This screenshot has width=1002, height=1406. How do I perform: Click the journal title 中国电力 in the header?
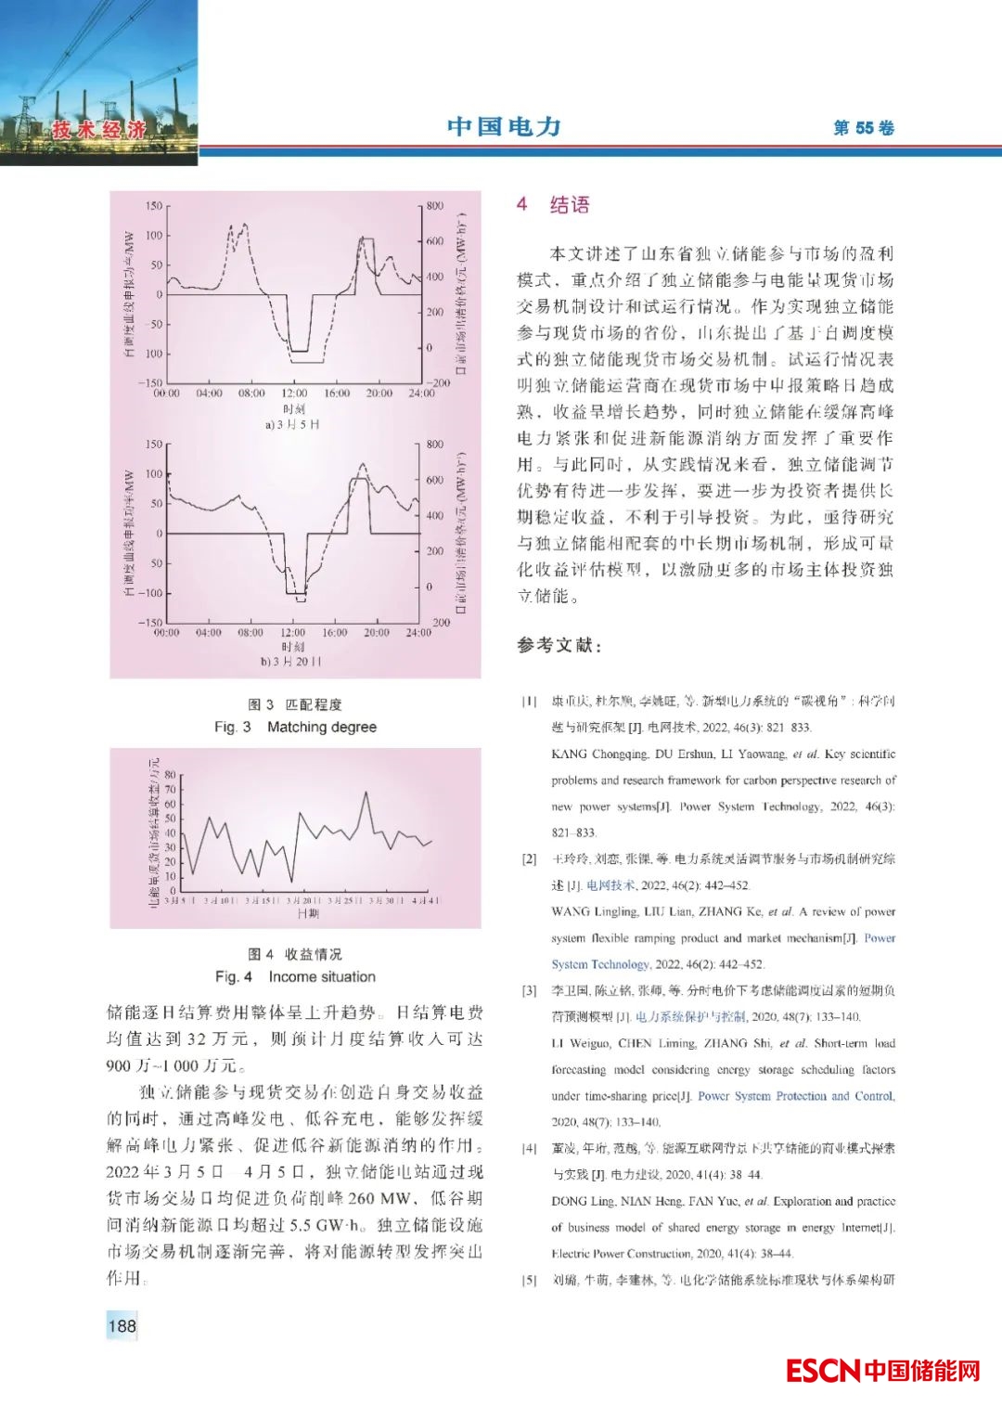[x=504, y=126]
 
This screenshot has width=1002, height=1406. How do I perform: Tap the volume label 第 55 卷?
[x=863, y=128]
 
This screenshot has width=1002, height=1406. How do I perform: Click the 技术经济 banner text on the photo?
[x=99, y=130]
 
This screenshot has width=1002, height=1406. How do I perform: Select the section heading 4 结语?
[x=553, y=205]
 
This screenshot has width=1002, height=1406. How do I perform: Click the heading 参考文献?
[x=559, y=645]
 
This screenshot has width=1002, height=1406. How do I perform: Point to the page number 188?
[x=122, y=1325]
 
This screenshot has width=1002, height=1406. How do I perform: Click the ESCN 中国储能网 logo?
[x=882, y=1370]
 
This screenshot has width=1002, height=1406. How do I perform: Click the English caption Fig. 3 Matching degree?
[x=295, y=727]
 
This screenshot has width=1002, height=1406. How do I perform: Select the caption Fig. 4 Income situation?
[x=295, y=976]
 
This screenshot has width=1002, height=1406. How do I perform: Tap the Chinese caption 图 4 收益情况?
[x=295, y=954]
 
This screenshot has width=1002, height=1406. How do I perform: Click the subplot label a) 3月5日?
[x=292, y=424]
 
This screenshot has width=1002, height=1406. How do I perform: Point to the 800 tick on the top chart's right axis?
[x=434, y=206]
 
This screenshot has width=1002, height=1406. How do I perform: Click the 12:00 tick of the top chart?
[x=294, y=393]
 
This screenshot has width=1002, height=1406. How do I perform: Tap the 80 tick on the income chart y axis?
[x=171, y=775]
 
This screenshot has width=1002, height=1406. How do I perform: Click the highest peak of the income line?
[x=366, y=793]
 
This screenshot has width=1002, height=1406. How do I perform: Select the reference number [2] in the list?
[x=529, y=859]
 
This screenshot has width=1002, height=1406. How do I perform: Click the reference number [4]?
[x=529, y=1149]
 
